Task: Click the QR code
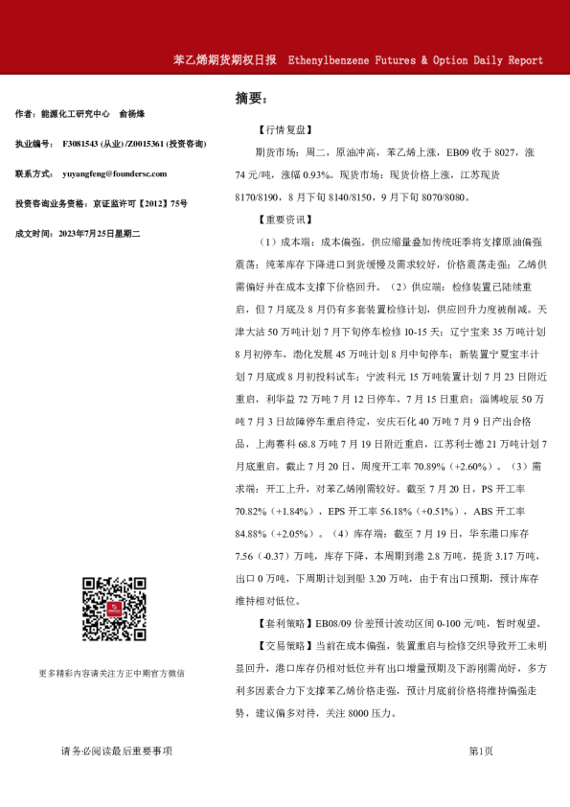113,610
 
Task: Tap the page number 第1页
481,750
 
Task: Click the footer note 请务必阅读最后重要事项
116,750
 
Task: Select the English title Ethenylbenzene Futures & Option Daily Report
415,59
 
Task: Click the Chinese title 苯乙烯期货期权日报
226,59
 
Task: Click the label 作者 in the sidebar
26,114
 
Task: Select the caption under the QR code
112,673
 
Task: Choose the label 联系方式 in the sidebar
34,173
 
